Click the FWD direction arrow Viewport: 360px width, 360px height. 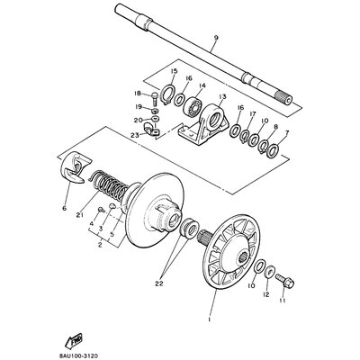(75, 340)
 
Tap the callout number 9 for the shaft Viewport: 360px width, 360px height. (216, 38)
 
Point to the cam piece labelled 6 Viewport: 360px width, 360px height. (76, 167)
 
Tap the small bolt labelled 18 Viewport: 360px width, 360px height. (155, 98)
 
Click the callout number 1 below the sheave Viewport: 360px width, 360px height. (209, 319)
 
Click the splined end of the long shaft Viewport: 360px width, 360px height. (284, 99)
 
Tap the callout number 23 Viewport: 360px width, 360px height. (135, 135)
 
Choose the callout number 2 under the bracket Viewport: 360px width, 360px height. (100, 245)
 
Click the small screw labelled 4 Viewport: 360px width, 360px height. (102, 210)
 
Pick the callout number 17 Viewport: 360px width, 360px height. (252, 113)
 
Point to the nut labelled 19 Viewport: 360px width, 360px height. (155, 109)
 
